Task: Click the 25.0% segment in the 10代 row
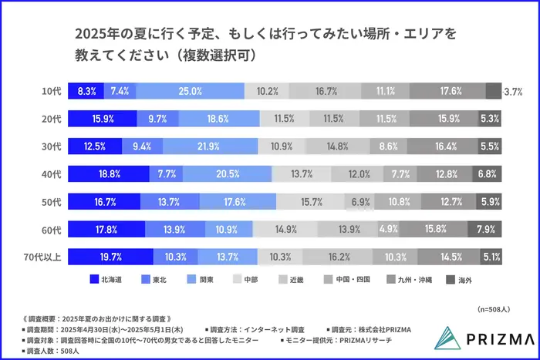(191, 91)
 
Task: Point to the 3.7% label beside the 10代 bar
(514, 91)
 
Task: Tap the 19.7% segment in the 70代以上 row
(110, 256)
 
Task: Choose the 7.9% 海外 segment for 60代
(487, 229)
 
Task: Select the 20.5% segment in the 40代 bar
(205, 174)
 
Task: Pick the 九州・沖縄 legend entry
(413, 279)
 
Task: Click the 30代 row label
(51, 146)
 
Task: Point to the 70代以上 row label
(45, 256)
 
